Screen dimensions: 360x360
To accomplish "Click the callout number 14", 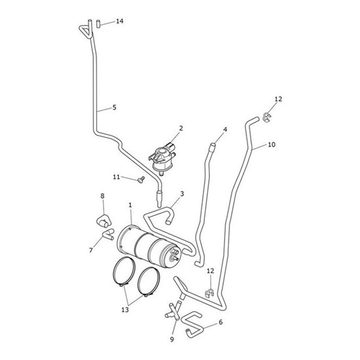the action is [120, 21].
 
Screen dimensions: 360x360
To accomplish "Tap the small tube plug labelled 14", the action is [98, 24].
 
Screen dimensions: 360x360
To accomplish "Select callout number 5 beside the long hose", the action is [115, 107].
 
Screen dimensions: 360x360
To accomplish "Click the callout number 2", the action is [181, 128].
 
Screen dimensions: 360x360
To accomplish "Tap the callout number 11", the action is [117, 177].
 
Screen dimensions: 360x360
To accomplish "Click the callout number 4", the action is [225, 130].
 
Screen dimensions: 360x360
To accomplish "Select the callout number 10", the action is [272, 145].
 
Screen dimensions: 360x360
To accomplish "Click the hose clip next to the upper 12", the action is [267, 117].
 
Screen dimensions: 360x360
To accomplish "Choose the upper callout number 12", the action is [278, 99].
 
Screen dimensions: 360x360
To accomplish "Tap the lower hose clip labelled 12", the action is [209, 293].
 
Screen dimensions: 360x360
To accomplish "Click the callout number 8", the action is [102, 196].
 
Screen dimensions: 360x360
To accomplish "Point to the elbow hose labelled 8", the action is [104, 221].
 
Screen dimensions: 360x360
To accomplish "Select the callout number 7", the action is [91, 250].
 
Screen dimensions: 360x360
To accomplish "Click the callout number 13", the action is [125, 310].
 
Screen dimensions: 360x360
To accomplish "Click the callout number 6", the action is [221, 322].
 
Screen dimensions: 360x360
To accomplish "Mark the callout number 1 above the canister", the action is [130, 206].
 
